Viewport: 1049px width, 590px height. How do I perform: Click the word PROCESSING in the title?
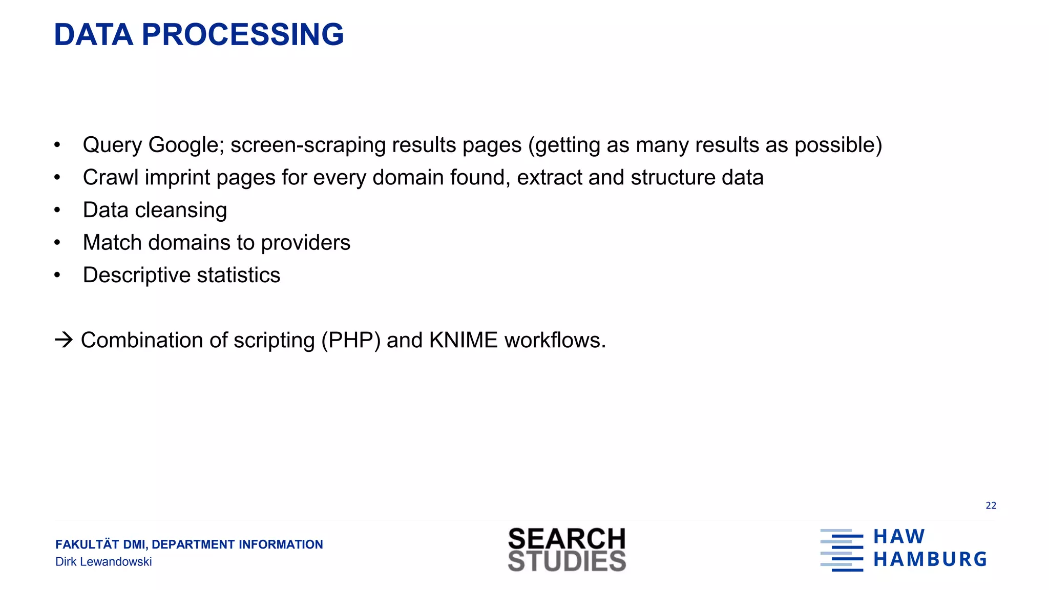point(242,35)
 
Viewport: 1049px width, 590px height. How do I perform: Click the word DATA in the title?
point(93,35)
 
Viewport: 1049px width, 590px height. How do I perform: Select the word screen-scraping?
point(308,145)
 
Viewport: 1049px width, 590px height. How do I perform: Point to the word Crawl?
point(111,177)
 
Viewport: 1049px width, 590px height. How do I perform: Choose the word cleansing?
point(181,210)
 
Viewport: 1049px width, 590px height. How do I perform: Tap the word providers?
point(305,243)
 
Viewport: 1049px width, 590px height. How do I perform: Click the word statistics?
point(239,275)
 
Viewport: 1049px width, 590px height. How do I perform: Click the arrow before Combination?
point(64,340)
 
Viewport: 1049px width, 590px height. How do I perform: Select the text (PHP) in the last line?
point(351,341)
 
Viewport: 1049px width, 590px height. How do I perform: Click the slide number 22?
point(991,505)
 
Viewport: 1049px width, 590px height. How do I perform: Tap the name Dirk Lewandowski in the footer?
point(103,562)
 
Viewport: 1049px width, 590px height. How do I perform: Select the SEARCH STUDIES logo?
point(567,550)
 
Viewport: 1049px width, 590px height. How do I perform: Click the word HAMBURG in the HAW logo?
point(930,559)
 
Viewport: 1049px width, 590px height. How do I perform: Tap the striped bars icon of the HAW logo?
point(842,550)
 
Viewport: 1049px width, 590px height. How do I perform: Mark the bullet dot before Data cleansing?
point(57,210)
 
